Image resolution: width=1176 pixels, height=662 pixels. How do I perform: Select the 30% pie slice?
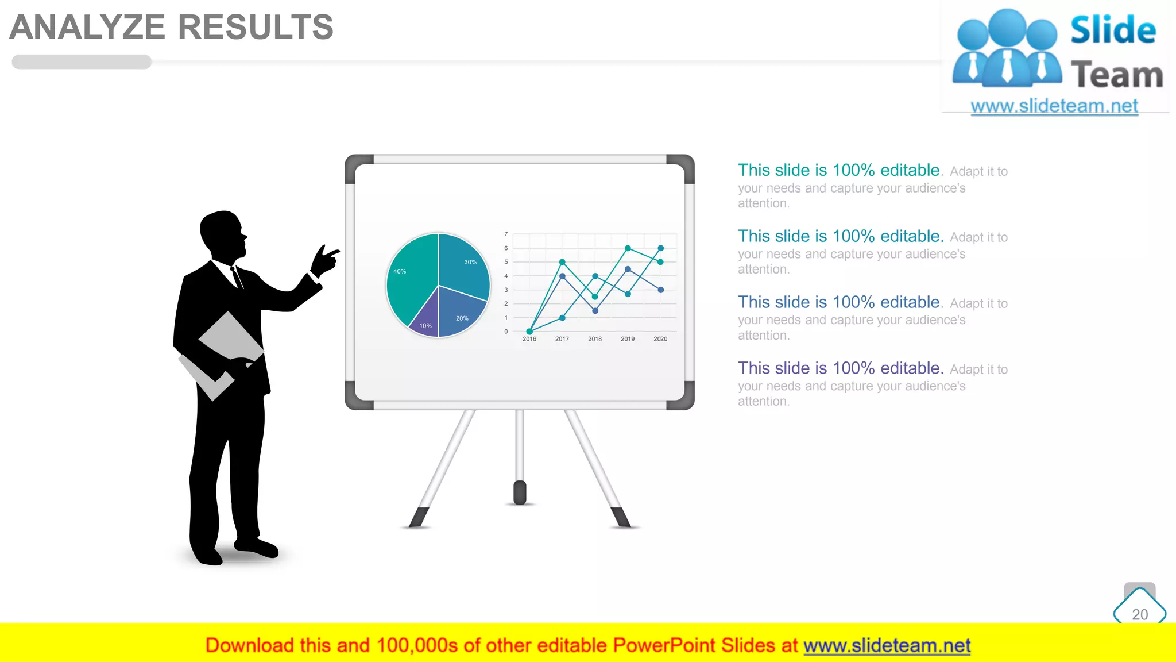[x=464, y=264]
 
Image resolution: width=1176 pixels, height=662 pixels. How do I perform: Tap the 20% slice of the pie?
[x=459, y=313]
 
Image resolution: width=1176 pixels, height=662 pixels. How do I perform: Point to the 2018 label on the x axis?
[x=595, y=339]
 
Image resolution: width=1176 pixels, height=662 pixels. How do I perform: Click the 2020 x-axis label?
[x=660, y=339]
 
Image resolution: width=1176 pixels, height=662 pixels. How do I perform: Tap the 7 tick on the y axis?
[x=506, y=234]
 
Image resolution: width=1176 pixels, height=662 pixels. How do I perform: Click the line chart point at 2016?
[x=529, y=332]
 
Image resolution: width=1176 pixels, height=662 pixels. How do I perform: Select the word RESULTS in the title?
[x=256, y=27]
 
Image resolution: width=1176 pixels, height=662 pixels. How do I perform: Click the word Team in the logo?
[x=1117, y=75]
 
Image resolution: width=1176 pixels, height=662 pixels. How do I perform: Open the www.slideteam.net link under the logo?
[x=1054, y=106]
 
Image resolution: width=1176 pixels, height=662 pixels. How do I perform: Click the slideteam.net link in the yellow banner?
[x=887, y=646]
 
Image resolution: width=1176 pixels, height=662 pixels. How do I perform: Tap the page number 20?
[x=1140, y=614]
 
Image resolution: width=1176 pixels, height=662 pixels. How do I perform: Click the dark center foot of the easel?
[x=520, y=492]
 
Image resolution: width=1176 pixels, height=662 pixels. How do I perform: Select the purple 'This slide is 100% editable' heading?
[x=841, y=368]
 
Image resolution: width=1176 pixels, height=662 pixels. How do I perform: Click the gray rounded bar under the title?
[x=82, y=61]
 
